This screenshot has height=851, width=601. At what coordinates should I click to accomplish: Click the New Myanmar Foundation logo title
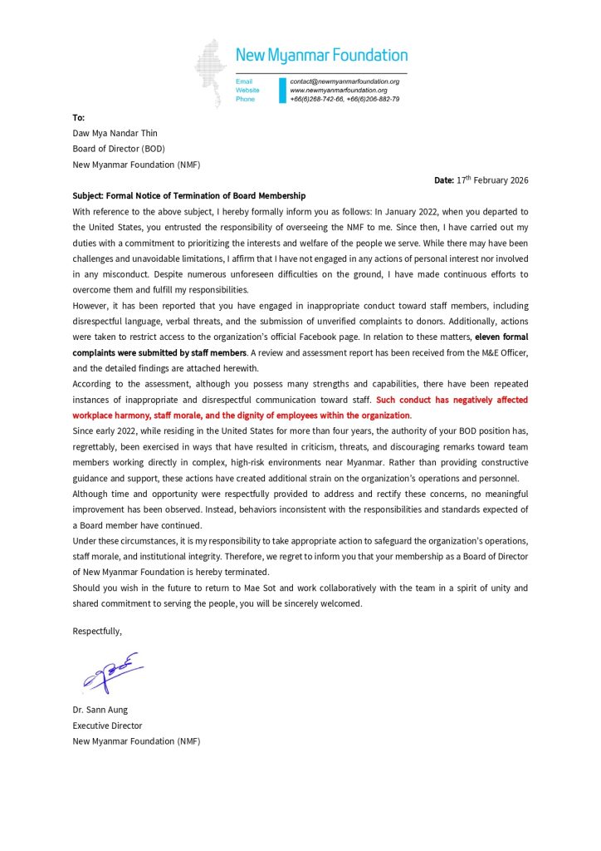pyautogui.click(x=321, y=56)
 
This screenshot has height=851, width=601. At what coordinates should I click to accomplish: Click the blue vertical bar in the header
pyautogui.click(x=282, y=90)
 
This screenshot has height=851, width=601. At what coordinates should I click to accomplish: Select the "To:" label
pyautogui.click(x=79, y=118)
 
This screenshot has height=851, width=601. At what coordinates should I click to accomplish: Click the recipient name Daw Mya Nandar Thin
pyautogui.click(x=115, y=133)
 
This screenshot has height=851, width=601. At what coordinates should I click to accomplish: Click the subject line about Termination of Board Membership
pyautogui.click(x=189, y=195)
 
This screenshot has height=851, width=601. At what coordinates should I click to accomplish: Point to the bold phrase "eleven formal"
pyautogui.click(x=501, y=337)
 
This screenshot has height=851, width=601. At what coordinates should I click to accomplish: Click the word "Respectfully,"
pyautogui.click(x=97, y=631)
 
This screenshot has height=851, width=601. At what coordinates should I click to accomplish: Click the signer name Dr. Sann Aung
pyautogui.click(x=100, y=710)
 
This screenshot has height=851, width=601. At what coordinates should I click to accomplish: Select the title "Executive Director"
pyautogui.click(x=107, y=726)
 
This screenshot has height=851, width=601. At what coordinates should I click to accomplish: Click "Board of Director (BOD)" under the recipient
pyautogui.click(x=119, y=149)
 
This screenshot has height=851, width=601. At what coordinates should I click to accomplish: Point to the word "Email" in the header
pyautogui.click(x=244, y=81)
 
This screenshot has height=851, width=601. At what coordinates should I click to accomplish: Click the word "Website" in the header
pyautogui.click(x=247, y=90)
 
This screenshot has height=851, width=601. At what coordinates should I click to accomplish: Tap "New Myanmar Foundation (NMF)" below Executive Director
pyautogui.click(x=136, y=740)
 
